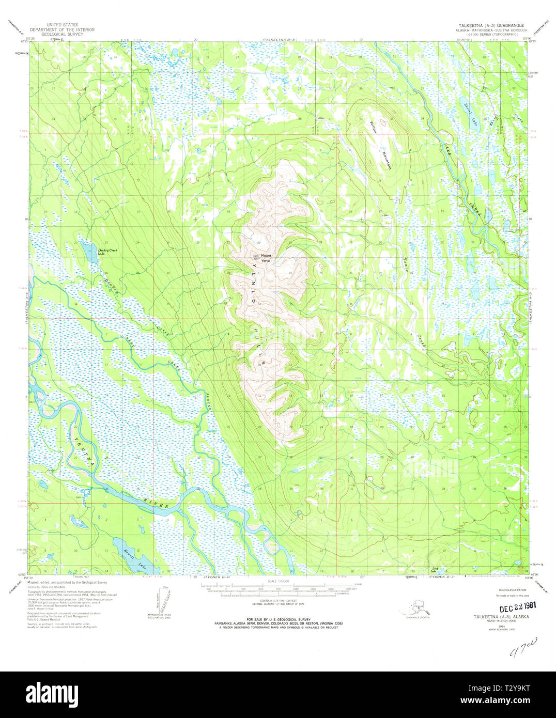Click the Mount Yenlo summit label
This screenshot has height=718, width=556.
coord(266,258)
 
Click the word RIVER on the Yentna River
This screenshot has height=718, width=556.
coord(156,504)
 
